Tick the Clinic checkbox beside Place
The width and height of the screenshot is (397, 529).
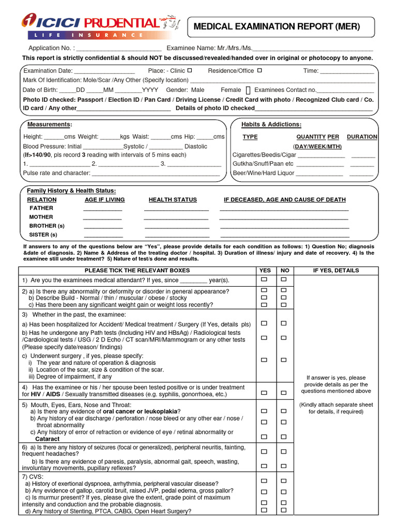190,70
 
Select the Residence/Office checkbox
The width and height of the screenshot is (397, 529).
259,70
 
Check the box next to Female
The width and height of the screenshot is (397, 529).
248,90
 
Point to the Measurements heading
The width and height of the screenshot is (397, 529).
50,125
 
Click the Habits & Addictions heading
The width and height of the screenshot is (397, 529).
271,125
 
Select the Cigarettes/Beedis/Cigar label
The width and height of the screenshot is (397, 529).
257,154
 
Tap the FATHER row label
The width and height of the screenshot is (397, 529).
41,208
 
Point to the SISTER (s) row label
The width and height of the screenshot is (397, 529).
43,235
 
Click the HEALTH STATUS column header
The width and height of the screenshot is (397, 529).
173,199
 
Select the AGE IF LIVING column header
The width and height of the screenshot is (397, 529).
104,199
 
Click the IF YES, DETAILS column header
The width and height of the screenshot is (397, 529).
339,270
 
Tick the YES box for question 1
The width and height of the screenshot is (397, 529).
264,279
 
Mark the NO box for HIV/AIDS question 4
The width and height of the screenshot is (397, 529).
284,393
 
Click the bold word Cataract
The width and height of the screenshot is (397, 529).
47,439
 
